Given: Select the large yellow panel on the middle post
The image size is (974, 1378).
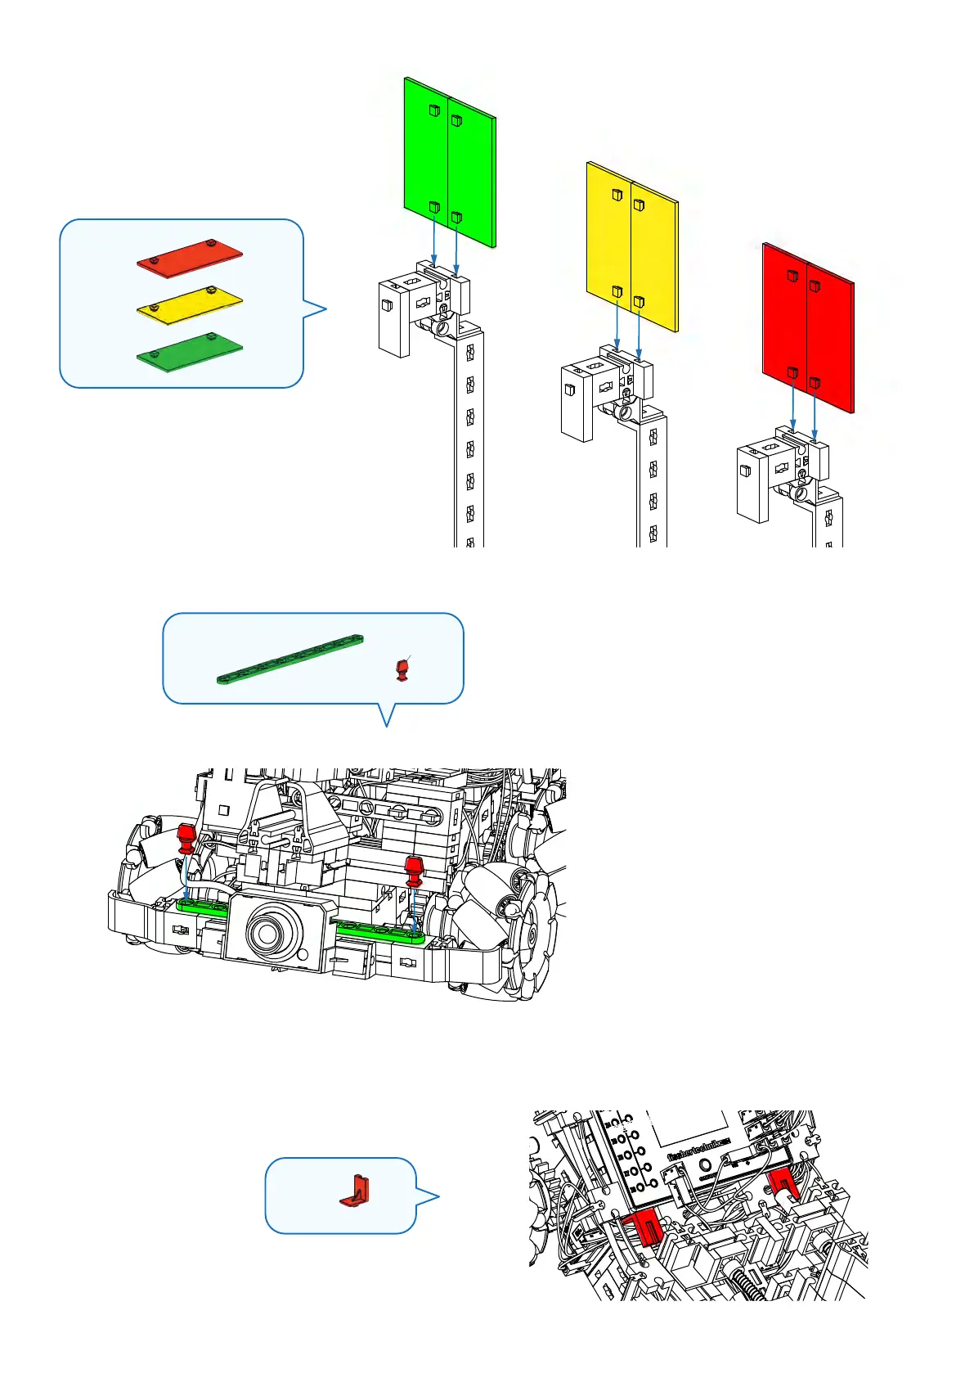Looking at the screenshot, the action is (631, 245).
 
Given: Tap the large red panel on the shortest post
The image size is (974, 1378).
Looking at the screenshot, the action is (808, 327).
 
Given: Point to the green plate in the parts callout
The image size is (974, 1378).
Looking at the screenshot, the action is (190, 351).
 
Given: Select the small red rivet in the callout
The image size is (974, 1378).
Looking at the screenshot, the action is (402, 669).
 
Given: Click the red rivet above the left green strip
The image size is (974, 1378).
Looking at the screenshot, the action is (186, 838).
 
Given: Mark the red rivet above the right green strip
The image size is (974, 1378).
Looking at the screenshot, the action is (414, 870).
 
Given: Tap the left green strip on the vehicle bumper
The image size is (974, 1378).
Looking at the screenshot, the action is (202, 905).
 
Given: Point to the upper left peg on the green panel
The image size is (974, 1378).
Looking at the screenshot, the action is (434, 110).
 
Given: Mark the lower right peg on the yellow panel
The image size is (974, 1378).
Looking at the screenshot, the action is (639, 302).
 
